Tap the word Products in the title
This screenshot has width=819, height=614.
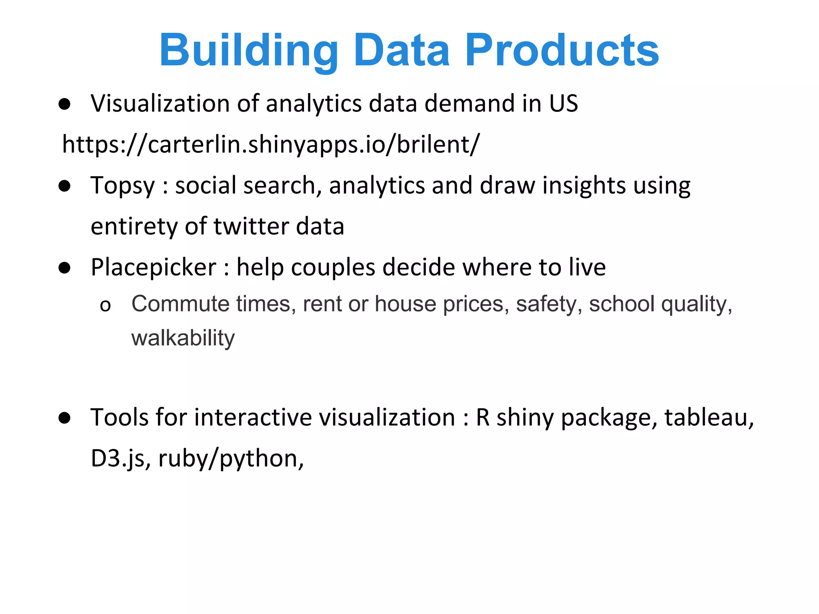[x=561, y=50]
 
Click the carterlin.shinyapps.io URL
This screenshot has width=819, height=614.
[x=271, y=144]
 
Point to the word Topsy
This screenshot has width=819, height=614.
[x=122, y=186]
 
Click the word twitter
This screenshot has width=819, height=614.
[x=251, y=226]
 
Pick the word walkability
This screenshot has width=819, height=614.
[x=183, y=338]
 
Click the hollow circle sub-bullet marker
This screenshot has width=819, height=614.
[x=105, y=306]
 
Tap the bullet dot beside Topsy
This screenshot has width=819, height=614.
[x=64, y=186]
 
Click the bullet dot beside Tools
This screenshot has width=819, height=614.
[x=64, y=418]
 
